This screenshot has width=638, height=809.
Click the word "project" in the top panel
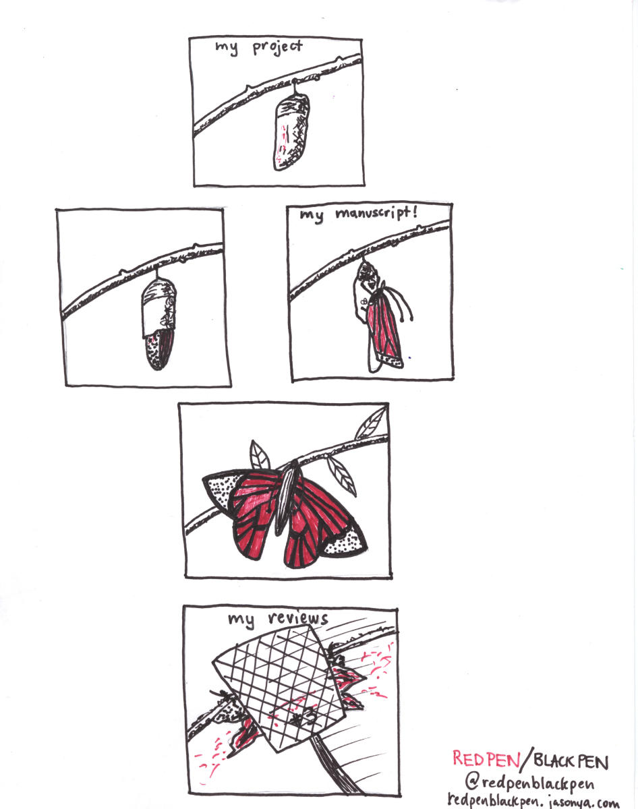(x=278, y=47)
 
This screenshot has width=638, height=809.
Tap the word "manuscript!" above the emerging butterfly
(x=376, y=214)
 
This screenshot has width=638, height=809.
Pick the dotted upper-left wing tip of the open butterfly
(x=219, y=489)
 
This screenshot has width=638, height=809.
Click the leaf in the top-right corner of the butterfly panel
(x=370, y=423)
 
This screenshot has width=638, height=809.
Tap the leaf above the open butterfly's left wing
(x=260, y=455)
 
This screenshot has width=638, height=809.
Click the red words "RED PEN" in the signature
(x=486, y=758)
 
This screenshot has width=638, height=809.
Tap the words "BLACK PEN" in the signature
(x=571, y=761)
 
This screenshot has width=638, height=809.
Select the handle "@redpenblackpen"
(x=529, y=783)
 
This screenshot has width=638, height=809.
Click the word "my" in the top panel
(x=227, y=48)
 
